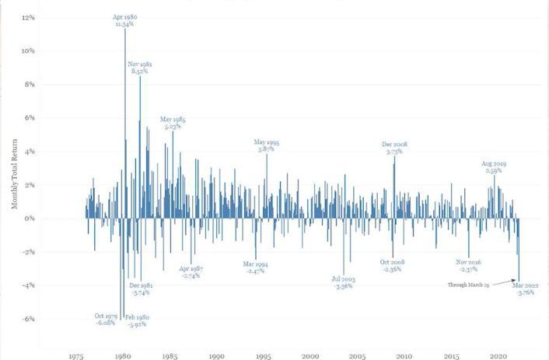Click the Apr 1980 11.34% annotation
[x=124, y=20]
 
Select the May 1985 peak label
[x=173, y=123]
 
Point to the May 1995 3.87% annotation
[x=267, y=145]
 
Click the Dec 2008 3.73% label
[x=395, y=148]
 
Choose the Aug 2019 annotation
[x=494, y=167]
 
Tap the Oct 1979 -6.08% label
[x=105, y=319]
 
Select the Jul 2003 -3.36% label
[x=343, y=282]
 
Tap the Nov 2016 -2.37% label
[x=467, y=266]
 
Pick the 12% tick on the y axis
[x=29, y=17]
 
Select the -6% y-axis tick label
[x=28, y=319]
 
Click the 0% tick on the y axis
[x=30, y=218]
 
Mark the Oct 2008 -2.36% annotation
[x=390, y=266]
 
